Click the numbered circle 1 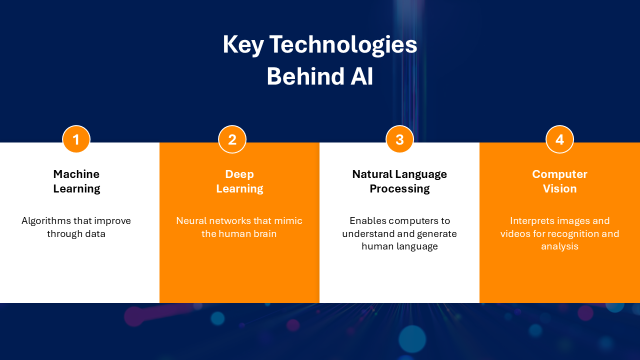coord(76,139)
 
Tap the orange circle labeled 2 coord(232,139)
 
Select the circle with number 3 coord(399,139)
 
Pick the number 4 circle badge coord(559,139)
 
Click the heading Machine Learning coord(76,181)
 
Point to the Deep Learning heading coord(239,181)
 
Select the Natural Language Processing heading coord(399,181)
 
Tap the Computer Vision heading coord(559,181)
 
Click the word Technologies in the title coord(343,45)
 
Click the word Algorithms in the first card coord(46,220)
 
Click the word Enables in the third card coord(368,220)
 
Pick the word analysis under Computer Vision coord(559,246)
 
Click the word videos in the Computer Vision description coord(515,233)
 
